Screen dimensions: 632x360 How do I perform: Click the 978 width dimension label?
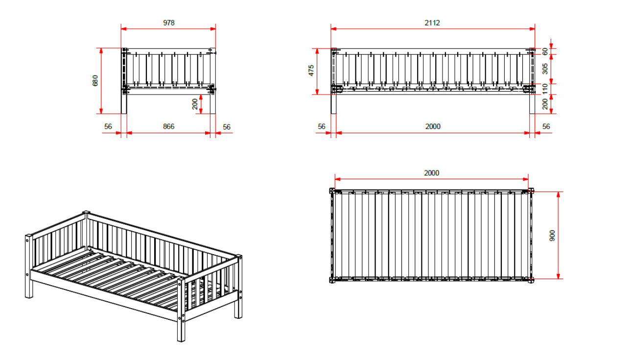pyautogui.click(x=169, y=23)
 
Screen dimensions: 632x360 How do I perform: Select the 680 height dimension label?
pyautogui.click(x=95, y=80)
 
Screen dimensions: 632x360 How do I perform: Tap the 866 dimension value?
pyautogui.click(x=168, y=126)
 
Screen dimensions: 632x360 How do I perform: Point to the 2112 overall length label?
pyautogui.click(x=432, y=23)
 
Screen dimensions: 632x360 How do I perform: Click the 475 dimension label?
pyautogui.click(x=311, y=71)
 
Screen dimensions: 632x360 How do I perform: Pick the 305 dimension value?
pyautogui.click(x=545, y=69)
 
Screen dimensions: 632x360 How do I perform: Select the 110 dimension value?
pyautogui.click(x=545, y=89)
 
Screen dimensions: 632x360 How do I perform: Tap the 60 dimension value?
pyautogui.click(x=545, y=51)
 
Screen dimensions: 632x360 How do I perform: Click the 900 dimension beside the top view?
pyautogui.click(x=552, y=236)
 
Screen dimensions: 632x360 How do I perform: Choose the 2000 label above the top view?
pyautogui.click(x=431, y=173)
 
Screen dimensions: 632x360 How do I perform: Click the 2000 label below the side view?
pyautogui.click(x=433, y=126)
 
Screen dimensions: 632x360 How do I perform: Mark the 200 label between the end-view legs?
pyautogui.click(x=195, y=104)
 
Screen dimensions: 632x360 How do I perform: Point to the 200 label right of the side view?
pyautogui.click(x=545, y=104)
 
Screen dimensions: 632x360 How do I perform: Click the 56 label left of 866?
pyautogui.click(x=108, y=126)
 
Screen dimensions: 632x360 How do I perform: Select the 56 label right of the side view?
pyautogui.click(x=546, y=126)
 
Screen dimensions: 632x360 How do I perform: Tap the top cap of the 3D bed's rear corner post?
pyautogui.click(x=86, y=212)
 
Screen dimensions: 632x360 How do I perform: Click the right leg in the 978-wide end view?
pyautogui.click(x=213, y=104)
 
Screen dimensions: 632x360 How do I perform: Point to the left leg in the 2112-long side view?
pyautogui.click(x=333, y=104)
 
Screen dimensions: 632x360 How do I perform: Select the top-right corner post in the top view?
pyautogui.click(x=531, y=191)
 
